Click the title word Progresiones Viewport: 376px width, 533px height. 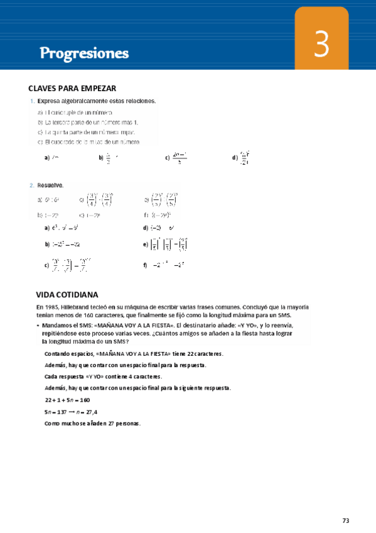[84, 53]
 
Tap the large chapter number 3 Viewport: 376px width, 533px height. [321, 46]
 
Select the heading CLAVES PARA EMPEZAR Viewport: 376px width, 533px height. [73, 89]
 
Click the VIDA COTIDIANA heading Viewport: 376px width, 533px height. [67, 294]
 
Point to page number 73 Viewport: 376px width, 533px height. [346, 520]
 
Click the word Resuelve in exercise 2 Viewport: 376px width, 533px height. [50, 185]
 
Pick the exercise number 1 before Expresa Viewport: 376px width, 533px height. [31, 101]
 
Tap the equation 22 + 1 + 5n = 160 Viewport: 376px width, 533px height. [68, 400]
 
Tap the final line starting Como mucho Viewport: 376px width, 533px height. [93, 423]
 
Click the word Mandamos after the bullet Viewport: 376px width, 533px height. [57, 326]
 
